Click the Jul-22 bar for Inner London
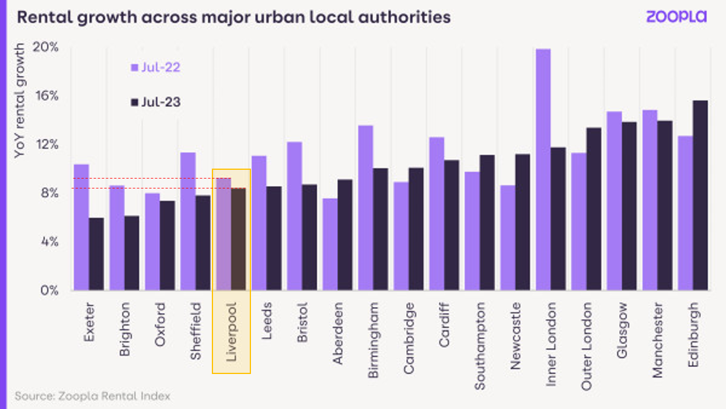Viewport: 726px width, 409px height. click(x=543, y=169)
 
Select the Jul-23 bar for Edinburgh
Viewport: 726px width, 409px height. click(x=700, y=195)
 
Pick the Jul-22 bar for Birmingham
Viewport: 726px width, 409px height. click(x=365, y=208)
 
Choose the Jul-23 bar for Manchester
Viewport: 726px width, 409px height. click(x=665, y=205)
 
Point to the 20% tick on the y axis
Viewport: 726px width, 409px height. click(x=47, y=47)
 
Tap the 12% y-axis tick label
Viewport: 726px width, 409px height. click(x=47, y=144)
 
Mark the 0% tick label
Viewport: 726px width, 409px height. click(x=50, y=290)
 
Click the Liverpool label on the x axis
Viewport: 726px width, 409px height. click(x=231, y=331)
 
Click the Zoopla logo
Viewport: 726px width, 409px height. click(x=676, y=16)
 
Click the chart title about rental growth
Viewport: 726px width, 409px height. click(x=233, y=17)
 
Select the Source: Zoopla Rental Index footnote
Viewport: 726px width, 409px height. click(x=92, y=396)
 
